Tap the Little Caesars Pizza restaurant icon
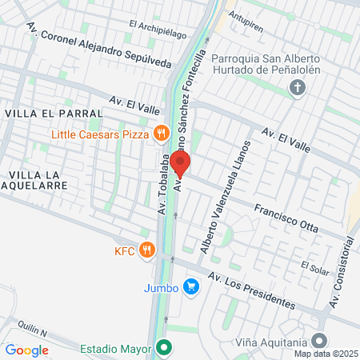pos(162,134)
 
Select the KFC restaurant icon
pos(146,250)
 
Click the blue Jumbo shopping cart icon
pos(190,286)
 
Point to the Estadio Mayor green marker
pos(164,348)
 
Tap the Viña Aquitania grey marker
pos(320,340)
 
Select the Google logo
pos(26,350)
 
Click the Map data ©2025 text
pos(326,354)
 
